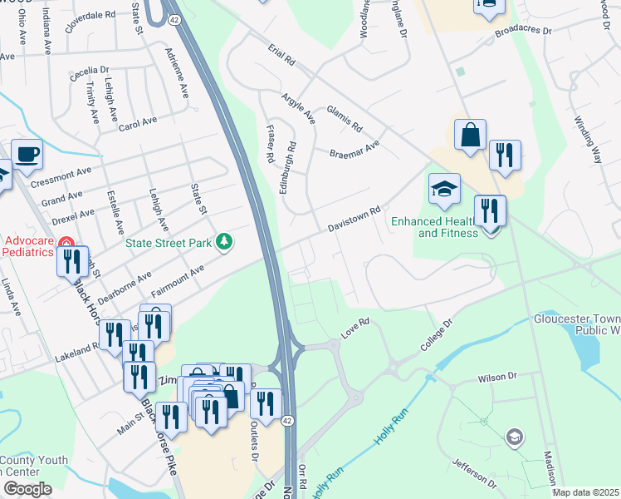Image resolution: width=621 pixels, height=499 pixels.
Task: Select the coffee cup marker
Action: [27, 154]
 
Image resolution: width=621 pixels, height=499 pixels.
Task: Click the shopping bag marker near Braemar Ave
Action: [470, 136]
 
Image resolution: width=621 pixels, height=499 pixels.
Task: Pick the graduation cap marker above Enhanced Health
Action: [444, 190]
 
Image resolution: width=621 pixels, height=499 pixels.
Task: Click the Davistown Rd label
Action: [354, 220]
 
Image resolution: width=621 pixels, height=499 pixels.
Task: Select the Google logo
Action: [27, 489]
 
